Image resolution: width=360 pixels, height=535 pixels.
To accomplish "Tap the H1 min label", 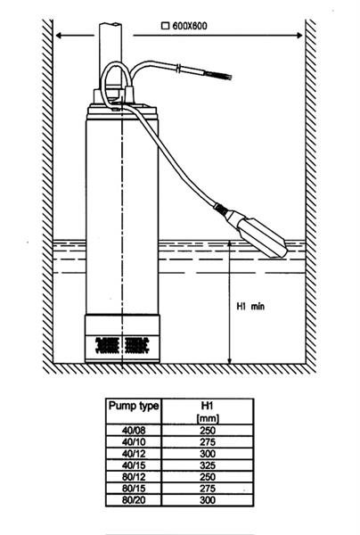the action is (250, 306).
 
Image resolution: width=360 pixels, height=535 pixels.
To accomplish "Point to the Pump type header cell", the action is (134, 411).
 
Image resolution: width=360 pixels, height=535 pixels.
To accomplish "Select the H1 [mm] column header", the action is (208, 411).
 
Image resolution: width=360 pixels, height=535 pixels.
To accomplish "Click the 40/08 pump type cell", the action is (134, 431).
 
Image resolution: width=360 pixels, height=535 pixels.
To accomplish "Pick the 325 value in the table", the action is (208, 465).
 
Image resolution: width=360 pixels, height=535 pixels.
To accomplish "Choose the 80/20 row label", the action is (134, 500).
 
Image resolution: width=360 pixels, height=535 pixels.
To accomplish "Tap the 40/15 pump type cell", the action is (134, 465).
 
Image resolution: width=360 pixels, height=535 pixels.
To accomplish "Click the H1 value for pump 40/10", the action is (208, 442).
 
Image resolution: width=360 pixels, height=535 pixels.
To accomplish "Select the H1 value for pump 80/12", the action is (208, 477).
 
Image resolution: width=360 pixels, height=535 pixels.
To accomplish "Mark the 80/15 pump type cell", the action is (134, 489).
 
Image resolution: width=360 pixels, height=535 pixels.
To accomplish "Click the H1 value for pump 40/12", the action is (208, 454).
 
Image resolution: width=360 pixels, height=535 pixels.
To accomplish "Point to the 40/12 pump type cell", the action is (134, 454).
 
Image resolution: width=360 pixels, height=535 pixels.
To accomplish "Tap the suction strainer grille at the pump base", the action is (122, 345).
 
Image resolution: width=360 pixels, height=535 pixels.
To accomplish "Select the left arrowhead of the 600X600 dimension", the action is (60, 35).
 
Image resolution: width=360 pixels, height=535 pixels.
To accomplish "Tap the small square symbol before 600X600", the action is (166, 26).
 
